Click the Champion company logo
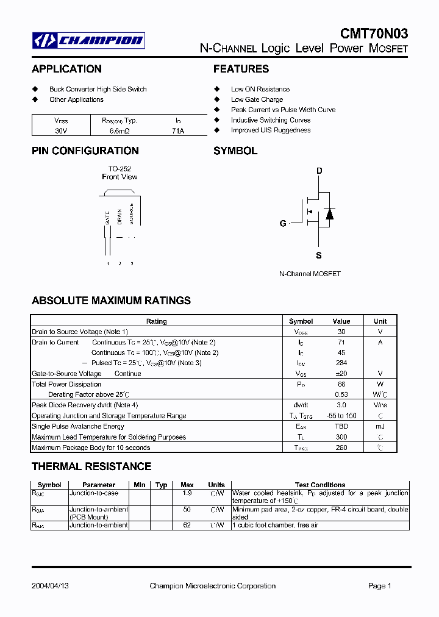click(x=88, y=40)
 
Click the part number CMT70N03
click(x=374, y=34)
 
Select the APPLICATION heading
click(x=66, y=69)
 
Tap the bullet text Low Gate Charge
click(x=257, y=99)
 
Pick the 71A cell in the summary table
click(x=178, y=130)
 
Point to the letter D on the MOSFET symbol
click(x=319, y=171)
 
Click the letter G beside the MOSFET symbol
click(x=283, y=224)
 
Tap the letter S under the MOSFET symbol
click(x=318, y=256)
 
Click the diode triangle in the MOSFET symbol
click(x=329, y=213)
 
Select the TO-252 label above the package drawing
click(x=120, y=169)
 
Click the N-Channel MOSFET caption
click(x=310, y=274)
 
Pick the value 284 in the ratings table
click(x=341, y=363)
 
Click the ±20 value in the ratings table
click(x=341, y=373)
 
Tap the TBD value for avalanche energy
click(x=341, y=426)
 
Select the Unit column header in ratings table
click(x=380, y=321)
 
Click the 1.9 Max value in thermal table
click(x=188, y=493)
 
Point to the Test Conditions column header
click(x=320, y=485)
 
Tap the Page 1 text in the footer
click(x=379, y=586)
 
